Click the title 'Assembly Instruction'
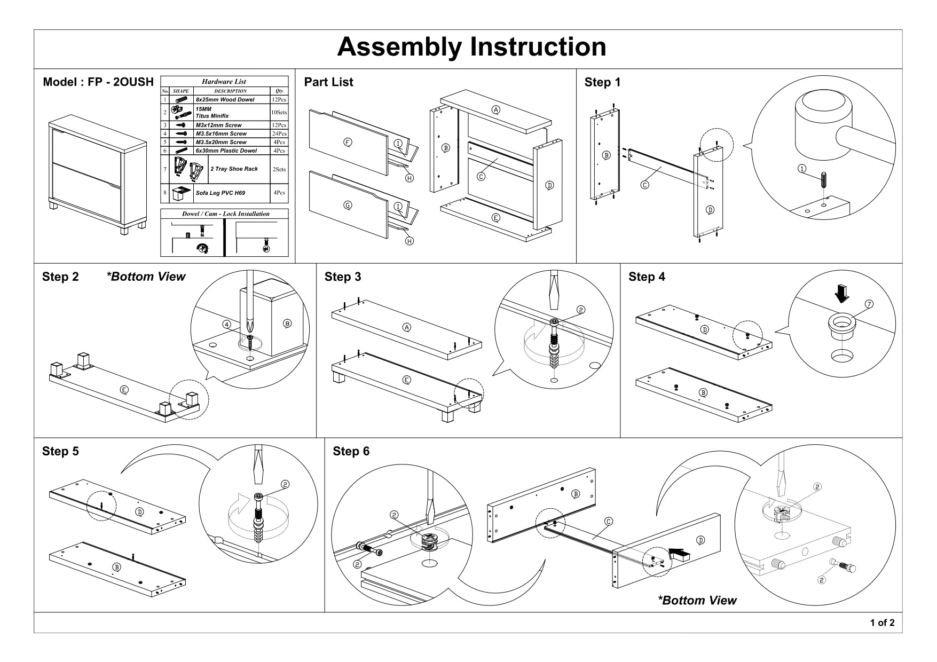pos(471,47)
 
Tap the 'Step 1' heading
pos(602,82)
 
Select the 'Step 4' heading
pos(647,277)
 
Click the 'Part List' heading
pos(328,82)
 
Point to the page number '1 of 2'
pos(882,622)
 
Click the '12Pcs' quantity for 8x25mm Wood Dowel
pos(279,99)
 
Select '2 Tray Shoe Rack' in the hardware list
pos(234,169)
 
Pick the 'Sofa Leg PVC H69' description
pos(220,193)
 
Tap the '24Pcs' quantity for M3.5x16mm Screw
pos(279,133)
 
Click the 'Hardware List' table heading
pos(224,82)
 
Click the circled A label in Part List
pos(496,110)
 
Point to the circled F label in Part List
pos(348,142)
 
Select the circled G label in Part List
pos(348,205)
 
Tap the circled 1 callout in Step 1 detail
pos(802,168)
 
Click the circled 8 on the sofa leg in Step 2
pos(287,323)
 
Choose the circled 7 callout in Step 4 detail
pos(869,304)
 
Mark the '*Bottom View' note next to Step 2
pos(146,277)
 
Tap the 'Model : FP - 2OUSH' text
pos(98,82)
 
